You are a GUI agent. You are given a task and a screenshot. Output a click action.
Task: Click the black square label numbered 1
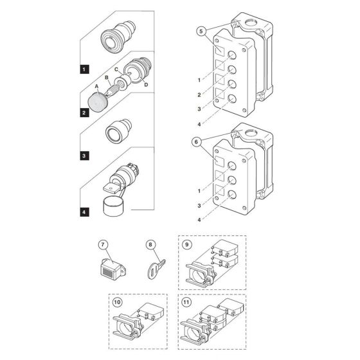click(84, 69)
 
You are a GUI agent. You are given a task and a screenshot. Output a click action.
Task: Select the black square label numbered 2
click(84, 113)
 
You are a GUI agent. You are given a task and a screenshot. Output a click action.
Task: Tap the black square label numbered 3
click(84, 156)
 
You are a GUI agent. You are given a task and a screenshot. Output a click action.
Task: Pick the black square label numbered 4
click(84, 212)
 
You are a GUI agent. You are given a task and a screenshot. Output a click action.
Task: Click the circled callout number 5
click(201, 32)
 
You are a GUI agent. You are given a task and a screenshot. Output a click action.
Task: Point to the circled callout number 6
click(196, 142)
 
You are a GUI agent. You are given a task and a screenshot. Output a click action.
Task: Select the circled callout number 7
click(103, 244)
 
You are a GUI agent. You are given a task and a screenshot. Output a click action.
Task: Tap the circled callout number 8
click(150, 244)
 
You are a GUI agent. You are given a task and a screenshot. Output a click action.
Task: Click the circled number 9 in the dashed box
click(186, 245)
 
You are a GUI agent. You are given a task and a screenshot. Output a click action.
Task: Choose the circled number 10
click(117, 302)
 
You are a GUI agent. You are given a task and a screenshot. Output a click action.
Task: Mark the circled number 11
click(186, 302)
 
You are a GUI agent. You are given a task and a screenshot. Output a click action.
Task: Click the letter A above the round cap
click(96, 86)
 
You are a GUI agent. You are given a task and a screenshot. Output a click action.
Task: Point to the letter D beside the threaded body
click(146, 85)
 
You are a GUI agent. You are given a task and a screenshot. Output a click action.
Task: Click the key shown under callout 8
click(156, 269)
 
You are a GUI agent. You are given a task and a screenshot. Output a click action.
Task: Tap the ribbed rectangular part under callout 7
click(113, 269)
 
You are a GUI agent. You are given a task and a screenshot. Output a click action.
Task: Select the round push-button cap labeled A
click(98, 103)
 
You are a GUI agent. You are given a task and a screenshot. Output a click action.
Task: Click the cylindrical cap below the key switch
click(113, 206)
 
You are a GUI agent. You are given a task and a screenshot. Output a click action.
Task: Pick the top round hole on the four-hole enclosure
click(232, 55)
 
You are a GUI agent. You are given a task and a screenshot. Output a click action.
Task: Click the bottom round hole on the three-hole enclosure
click(232, 195)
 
